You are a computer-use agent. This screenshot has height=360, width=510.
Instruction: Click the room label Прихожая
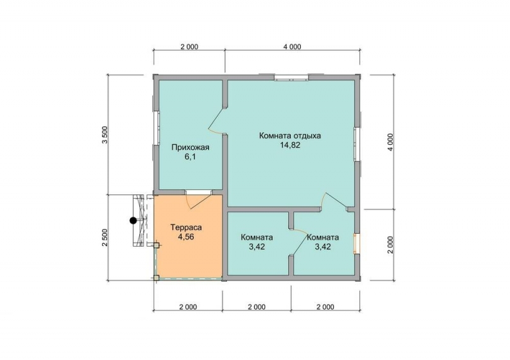coord(190,148)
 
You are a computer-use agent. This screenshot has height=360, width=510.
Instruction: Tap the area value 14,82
coord(290,145)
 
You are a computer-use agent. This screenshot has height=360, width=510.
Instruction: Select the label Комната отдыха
coord(290,135)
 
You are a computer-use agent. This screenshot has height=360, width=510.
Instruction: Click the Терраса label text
coord(186,227)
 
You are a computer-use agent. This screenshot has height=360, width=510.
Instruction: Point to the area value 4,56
coord(186,237)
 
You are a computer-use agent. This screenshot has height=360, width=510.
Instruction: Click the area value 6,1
coord(190,157)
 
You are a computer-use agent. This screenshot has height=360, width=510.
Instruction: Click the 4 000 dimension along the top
coord(292,47)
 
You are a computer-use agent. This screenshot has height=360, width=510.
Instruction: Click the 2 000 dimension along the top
coord(189,47)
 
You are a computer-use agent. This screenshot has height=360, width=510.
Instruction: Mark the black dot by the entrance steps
coord(133,220)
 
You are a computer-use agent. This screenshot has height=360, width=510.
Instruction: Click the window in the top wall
coord(291,78)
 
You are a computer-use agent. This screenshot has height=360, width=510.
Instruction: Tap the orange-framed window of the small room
coord(357,243)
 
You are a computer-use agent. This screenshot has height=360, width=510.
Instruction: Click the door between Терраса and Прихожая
coord(198,198)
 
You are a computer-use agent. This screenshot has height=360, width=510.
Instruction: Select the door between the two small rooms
coord(298,241)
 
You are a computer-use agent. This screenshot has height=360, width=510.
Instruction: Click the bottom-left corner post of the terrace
coord(156,278)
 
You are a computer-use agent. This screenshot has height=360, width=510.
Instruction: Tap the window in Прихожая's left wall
coord(156,129)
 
